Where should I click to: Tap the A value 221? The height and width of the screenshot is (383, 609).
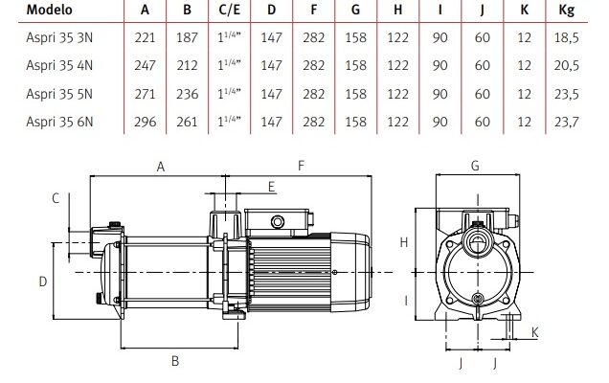coord(146,39)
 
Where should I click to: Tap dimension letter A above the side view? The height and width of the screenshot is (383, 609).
coord(162,166)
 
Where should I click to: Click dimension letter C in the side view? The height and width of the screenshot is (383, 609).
coord(56,198)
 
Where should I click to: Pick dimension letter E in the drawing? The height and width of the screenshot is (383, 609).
coord(271,185)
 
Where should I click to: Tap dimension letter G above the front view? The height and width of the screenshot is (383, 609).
coord(475,166)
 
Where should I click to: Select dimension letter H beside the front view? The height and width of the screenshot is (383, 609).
coord(405,243)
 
